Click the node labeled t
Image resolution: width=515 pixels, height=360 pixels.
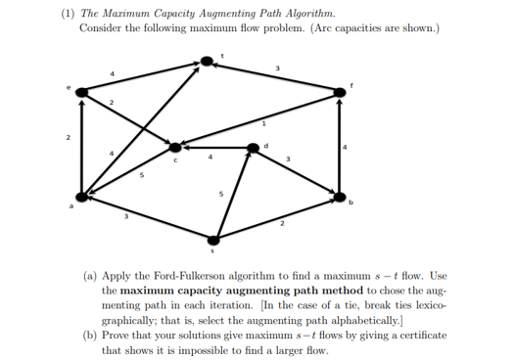pos(207,61)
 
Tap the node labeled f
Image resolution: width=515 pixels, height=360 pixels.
pos(340,92)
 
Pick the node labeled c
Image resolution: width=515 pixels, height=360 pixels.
pos(176,148)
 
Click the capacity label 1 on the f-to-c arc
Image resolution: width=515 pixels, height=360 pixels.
pos(262,124)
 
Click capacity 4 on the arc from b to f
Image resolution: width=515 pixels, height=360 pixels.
pos(345,148)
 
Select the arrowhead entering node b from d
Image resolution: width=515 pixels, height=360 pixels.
pos(334,190)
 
